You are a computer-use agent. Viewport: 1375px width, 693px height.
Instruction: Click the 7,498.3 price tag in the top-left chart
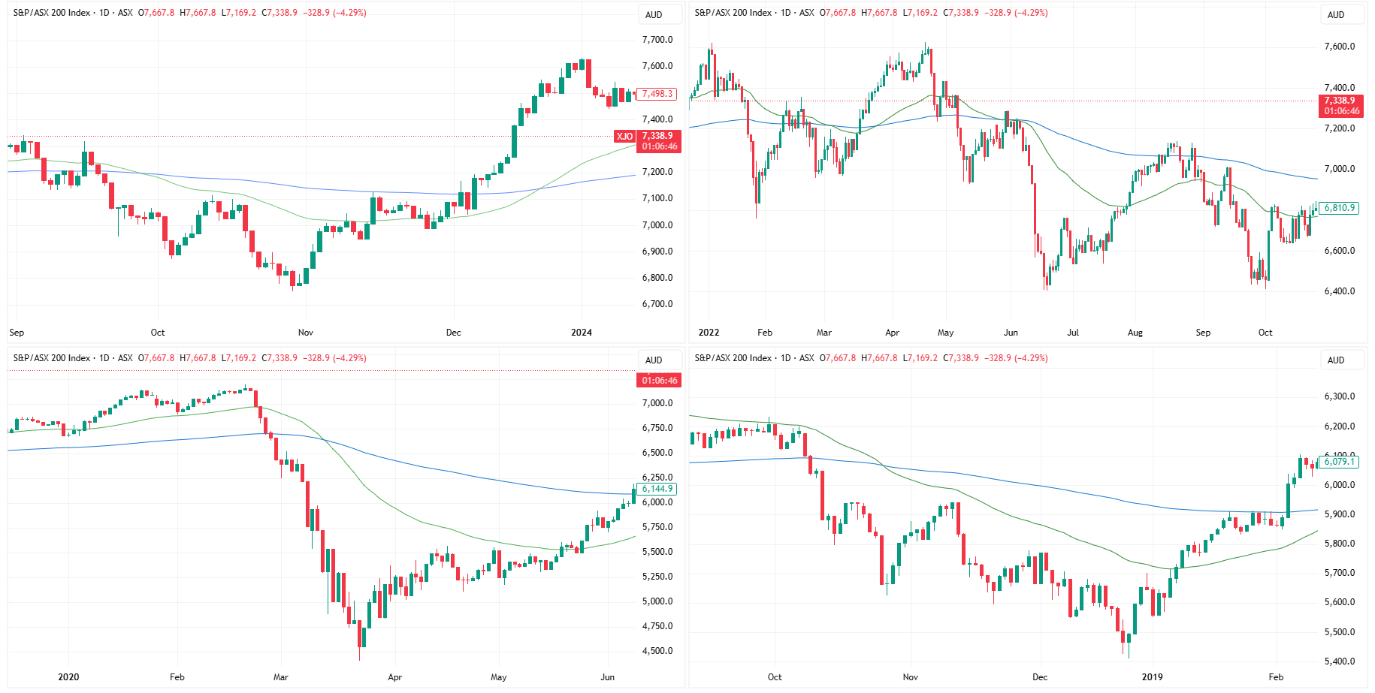pos(657,94)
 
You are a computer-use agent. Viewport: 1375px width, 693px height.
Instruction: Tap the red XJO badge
pos(624,136)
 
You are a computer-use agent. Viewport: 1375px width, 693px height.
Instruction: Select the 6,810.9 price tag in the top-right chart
pos(1339,208)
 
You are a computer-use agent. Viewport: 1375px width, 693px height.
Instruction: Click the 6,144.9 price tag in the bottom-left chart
pos(657,489)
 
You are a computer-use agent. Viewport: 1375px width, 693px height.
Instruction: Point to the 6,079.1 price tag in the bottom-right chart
pos(1339,462)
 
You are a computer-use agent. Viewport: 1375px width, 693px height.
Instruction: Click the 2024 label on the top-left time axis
pos(581,333)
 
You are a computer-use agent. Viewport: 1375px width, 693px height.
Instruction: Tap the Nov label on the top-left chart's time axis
pos(305,333)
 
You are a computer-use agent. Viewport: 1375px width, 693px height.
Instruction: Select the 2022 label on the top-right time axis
pos(708,333)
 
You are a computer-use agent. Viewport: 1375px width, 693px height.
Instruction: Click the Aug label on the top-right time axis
pos(1135,333)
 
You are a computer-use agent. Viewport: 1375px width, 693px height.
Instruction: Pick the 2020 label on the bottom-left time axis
pos(68,677)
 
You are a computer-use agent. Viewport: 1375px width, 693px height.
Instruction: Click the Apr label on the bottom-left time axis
pos(394,677)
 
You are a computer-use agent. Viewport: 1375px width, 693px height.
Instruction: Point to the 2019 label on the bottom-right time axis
pos(1152,677)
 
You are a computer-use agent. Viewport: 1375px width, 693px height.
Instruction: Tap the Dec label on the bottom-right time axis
pos(1039,677)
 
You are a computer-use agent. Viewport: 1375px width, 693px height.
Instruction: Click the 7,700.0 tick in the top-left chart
pos(657,40)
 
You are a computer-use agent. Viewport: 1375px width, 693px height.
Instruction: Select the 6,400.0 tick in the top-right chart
pos(1339,291)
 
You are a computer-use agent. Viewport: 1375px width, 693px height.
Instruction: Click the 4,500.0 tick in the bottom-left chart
pos(657,651)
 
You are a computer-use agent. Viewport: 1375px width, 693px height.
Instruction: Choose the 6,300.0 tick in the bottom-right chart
pos(1339,396)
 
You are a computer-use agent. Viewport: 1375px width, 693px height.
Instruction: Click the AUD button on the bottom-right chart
pos(1335,360)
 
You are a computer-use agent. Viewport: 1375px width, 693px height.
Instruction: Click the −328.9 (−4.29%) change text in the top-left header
pos(334,13)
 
